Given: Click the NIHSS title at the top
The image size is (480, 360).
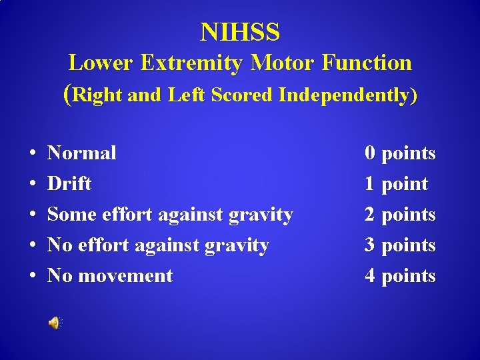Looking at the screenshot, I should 240,31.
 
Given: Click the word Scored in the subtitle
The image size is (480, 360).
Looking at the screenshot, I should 243,95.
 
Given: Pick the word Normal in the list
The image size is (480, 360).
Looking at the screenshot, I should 82,153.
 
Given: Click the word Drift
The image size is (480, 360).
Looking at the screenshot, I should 69,184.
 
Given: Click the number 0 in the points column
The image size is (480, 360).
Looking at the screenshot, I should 369,153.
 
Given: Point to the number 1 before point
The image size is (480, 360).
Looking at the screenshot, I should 369,184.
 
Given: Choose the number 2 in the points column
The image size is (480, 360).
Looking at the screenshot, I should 369,215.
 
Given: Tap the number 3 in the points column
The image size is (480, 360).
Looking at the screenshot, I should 369,245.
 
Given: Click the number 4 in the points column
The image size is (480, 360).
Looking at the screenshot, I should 369,276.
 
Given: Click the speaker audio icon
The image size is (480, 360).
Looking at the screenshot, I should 53,323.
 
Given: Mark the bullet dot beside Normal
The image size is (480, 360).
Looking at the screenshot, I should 32,154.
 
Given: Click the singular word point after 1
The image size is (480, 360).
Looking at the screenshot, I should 405,185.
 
